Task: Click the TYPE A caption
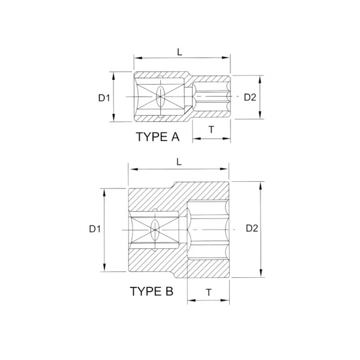(158, 137)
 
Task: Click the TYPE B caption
(152, 291)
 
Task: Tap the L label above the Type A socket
(179, 52)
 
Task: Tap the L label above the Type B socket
(179, 162)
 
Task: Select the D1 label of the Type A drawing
(104, 98)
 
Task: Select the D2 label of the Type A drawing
(250, 97)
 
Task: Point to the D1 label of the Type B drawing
(95, 229)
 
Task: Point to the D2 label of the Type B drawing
(252, 228)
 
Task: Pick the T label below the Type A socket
(211, 130)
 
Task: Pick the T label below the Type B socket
(209, 293)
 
